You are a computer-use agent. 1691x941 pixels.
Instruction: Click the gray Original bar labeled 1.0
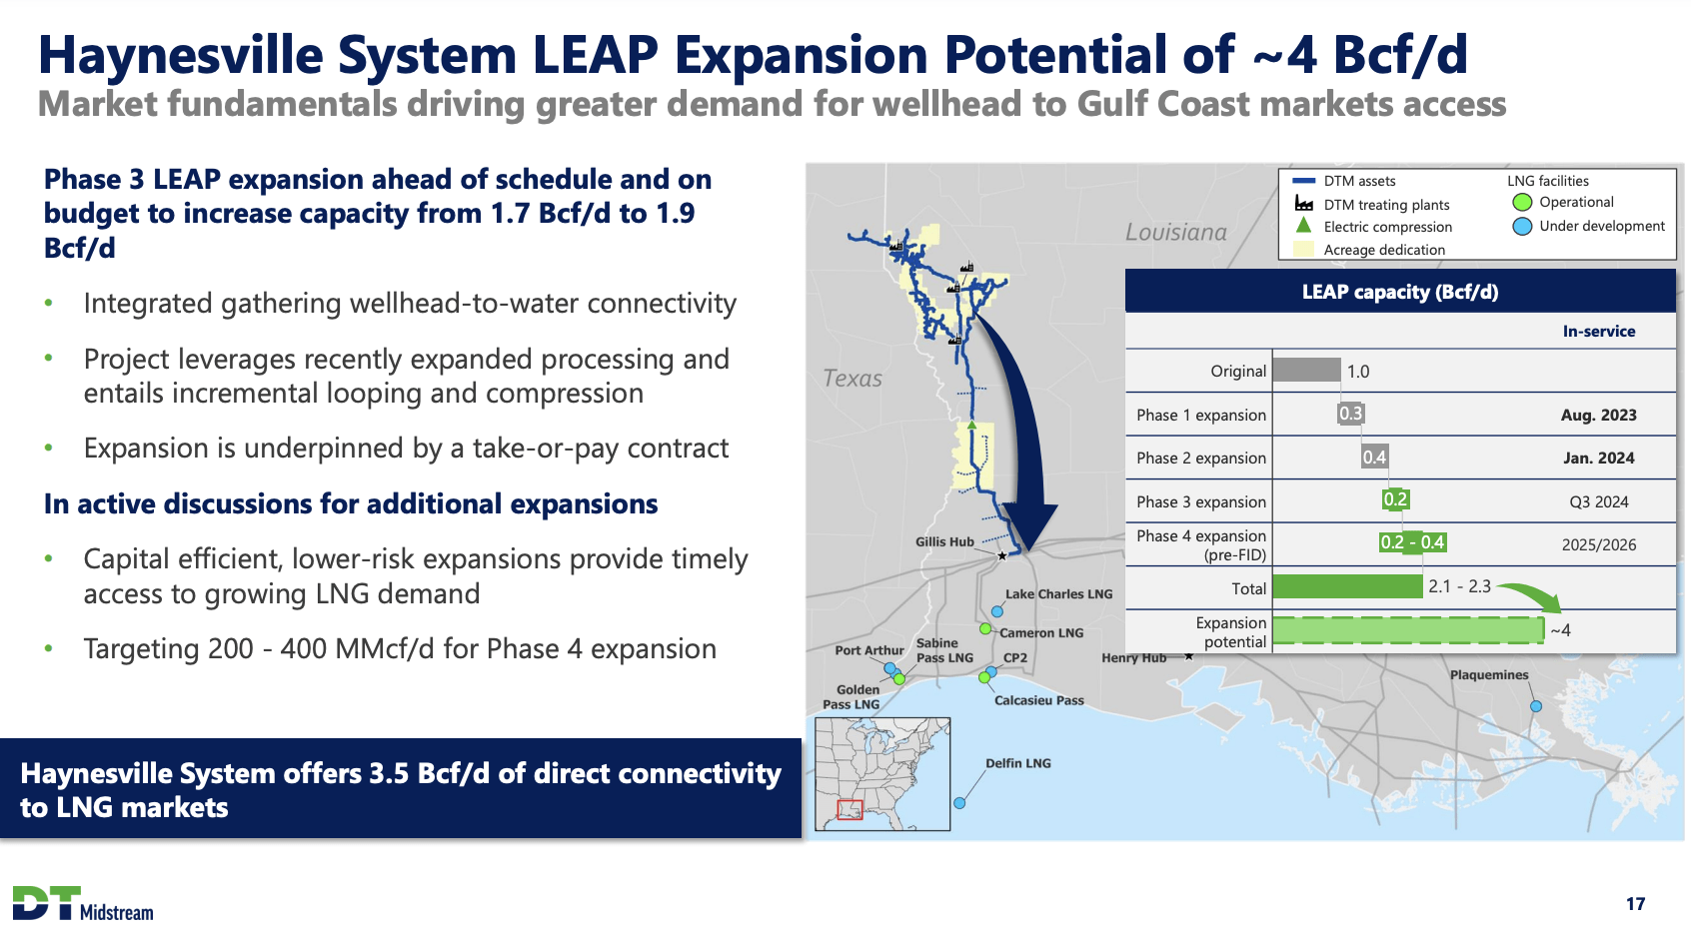[1306, 371]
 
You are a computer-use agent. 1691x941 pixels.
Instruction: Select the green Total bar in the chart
[1347, 586]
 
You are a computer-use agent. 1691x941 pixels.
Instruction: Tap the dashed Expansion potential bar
[1408, 630]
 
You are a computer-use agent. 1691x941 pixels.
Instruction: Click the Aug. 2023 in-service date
[1598, 416]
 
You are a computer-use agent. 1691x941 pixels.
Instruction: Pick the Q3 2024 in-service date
[1598, 502]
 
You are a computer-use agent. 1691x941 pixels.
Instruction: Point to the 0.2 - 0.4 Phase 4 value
[1412, 542]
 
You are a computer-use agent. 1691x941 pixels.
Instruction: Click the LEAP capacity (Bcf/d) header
[1399, 293]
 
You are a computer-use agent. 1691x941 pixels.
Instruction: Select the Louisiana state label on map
[1175, 233]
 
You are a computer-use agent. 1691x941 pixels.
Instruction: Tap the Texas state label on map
[852, 379]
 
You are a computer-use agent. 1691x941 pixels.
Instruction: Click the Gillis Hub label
[943, 542]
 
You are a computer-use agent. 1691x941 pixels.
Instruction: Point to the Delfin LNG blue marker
[959, 803]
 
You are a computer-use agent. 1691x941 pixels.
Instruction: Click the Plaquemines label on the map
[1488, 675]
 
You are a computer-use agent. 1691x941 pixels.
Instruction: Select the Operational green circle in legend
[1522, 203]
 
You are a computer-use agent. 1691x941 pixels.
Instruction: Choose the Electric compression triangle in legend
[1303, 226]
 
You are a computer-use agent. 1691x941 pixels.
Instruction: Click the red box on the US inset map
[849, 809]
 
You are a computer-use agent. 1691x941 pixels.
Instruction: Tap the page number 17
[1635, 904]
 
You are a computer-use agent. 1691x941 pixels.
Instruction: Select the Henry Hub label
[1133, 658]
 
